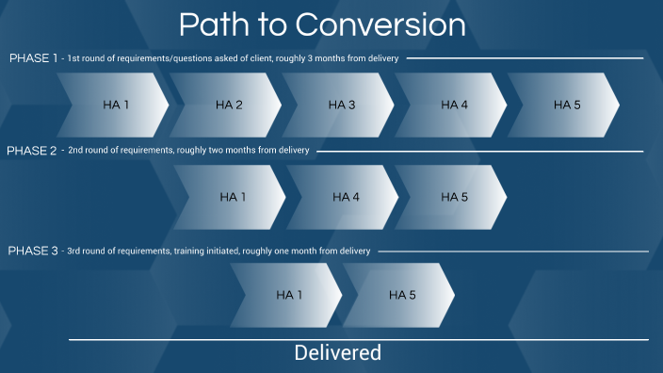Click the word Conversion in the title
(395, 24)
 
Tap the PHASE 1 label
(34, 58)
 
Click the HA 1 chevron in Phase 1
(115, 104)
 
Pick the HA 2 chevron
(228, 104)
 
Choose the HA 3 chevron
(341, 104)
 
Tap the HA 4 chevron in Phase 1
(454, 104)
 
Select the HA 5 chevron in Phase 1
(566, 104)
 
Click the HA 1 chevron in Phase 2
(233, 197)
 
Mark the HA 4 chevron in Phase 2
(346, 197)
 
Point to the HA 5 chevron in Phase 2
(454, 197)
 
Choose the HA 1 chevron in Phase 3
(289, 295)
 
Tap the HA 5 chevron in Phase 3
(402, 295)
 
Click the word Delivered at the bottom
(337, 353)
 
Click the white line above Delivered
(358, 339)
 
